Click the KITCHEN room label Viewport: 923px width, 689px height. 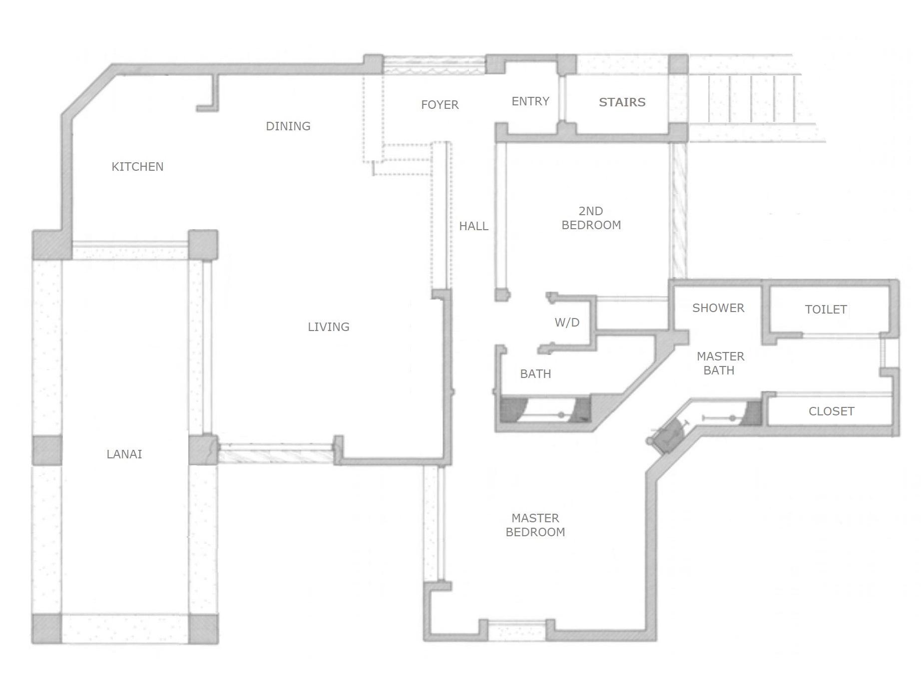point(137,167)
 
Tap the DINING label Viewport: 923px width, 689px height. point(288,126)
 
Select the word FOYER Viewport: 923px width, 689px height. point(440,105)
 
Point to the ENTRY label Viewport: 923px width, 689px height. point(530,101)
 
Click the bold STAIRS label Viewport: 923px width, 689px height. point(622,102)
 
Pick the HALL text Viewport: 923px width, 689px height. point(473,226)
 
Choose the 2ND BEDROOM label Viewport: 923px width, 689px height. point(591,218)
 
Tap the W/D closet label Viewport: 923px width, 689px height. point(567,323)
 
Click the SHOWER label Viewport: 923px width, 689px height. point(718,308)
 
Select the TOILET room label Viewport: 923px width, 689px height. point(826,310)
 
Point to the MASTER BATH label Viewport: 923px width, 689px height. point(720,363)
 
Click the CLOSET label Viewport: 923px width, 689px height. point(832,411)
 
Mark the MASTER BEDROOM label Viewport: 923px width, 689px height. point(535,525)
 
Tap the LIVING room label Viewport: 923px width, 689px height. point(329,327)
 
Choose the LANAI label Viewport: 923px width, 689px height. point(124,454)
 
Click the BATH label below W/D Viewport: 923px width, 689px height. point(535,374)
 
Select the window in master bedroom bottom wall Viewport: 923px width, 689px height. point(517,630)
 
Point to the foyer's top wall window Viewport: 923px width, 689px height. point(434,65)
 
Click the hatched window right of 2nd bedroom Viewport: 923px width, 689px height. point(679,211)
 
